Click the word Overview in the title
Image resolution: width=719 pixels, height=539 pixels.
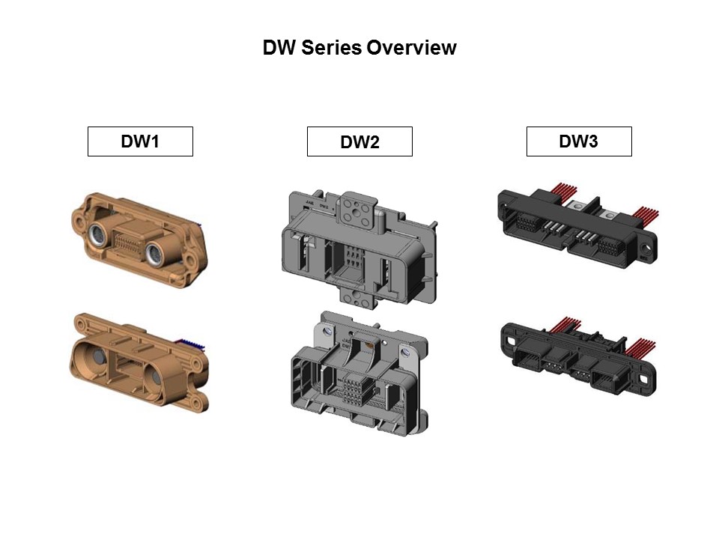(411, 48)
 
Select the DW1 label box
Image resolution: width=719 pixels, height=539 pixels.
(140, 141)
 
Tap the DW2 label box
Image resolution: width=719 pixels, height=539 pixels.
(359, 142)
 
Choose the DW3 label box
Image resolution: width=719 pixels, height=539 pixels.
(578, 141)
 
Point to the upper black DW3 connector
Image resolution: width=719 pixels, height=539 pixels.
(577, 225)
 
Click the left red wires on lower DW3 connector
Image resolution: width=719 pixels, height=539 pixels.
(565, 326)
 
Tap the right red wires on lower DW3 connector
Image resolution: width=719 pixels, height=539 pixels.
(640, 348)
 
